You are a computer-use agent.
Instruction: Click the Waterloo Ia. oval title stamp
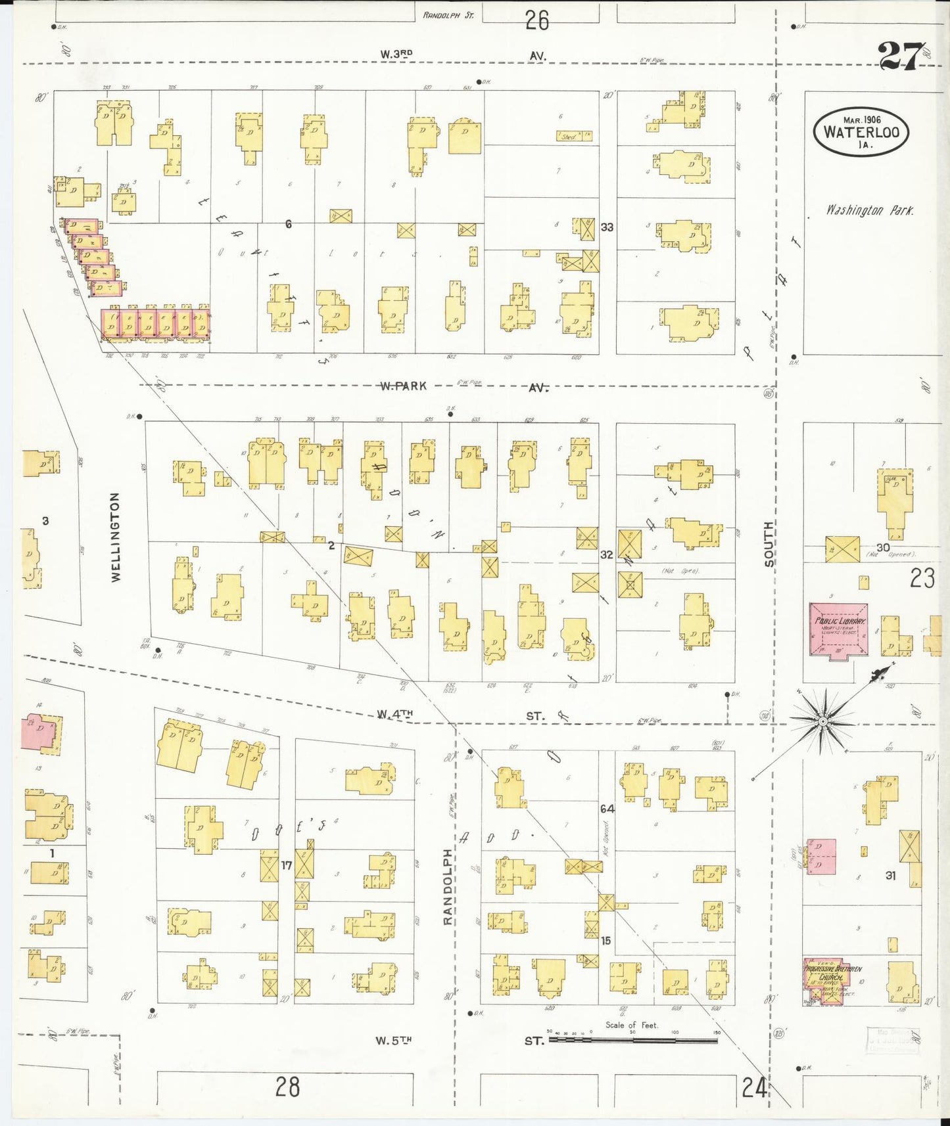[861, 131]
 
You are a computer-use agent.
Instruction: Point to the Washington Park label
[869, 211]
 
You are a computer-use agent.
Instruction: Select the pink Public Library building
[838, 629]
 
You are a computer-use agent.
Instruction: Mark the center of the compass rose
[822, 721]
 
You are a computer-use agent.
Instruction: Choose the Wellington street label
[116, 537]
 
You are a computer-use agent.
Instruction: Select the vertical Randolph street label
[448, 886]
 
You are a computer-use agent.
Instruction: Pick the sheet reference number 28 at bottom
[287, 1087]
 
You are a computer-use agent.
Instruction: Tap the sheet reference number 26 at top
[536, 21]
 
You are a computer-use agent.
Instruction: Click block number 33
[607, 227]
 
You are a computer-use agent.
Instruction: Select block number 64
[606, 809]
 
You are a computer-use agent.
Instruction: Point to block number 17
[286, 866]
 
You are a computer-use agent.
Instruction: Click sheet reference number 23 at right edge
[922, 578]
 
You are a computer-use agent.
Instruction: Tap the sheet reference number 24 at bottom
[754, 1089]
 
